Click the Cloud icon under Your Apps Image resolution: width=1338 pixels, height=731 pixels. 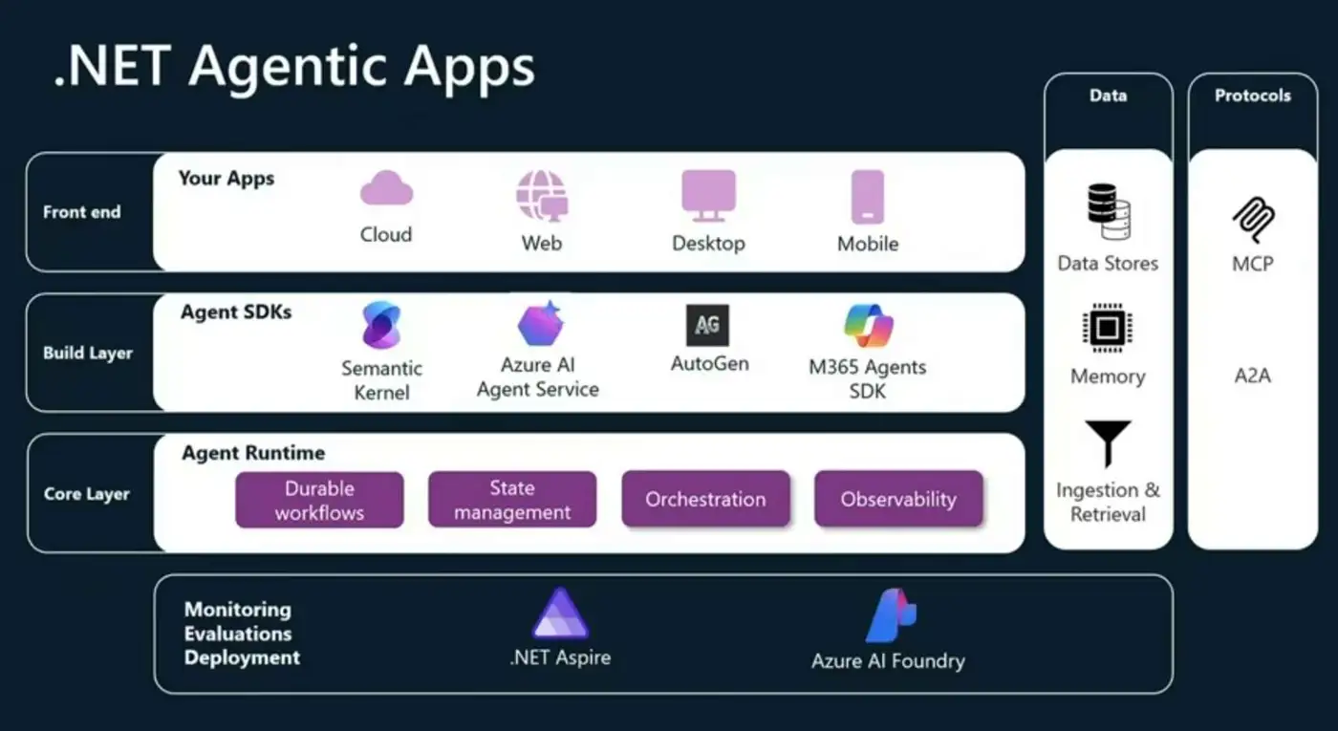coord(386,188)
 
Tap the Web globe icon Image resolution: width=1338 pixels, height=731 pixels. coord(541,195)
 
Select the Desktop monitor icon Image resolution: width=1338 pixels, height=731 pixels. coord(708,196)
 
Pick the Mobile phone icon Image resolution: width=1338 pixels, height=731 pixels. coord(868,197)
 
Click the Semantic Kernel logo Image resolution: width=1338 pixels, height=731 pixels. coord(381,325)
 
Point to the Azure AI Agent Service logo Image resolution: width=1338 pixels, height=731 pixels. coord(540,323)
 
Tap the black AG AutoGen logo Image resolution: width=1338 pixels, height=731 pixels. coord(708,325)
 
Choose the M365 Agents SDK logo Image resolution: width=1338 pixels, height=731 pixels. coord(868,326)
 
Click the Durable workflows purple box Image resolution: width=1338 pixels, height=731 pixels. coord(319,500)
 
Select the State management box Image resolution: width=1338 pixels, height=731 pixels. coord(512,500)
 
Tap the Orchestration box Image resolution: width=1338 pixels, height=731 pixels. coord(705,499)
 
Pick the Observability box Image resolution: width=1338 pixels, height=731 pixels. coord(898,499)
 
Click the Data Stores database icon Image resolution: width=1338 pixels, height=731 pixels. coord(1109,212)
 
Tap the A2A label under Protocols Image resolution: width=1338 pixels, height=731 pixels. coord(1253,376)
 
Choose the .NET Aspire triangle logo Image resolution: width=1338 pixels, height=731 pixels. coord(560,614)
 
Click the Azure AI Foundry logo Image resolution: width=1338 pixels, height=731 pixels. coord(890,616)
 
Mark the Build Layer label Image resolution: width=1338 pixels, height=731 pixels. coord(88,354)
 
